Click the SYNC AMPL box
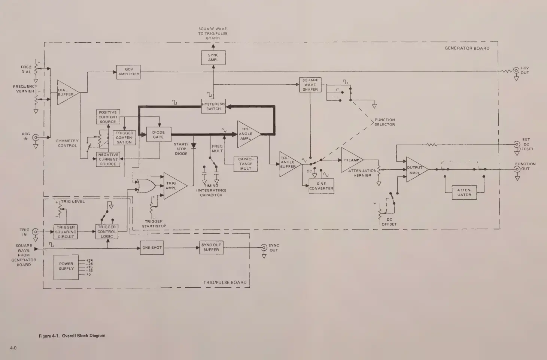coord(213,58)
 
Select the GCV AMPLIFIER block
coord(129,72)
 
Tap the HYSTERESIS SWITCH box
coord(213,106)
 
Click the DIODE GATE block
coord(158,135)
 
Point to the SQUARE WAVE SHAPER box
coord(310,85)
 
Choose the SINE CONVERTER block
coord(321,186)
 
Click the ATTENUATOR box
coord(464,193)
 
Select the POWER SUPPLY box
coord(66,267)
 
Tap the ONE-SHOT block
coord(152,248)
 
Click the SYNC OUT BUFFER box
coord(211,248)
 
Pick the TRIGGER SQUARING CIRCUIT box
coord(66,232)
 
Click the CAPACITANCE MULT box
coord(246,164)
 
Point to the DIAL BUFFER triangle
coord(66,93)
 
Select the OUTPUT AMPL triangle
coord(415,170)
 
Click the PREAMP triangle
coord(351,160)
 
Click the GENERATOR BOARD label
coord(467,48)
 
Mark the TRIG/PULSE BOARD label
coord(225,282)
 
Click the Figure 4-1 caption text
coord(72,336)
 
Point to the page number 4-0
coord(13,348)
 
